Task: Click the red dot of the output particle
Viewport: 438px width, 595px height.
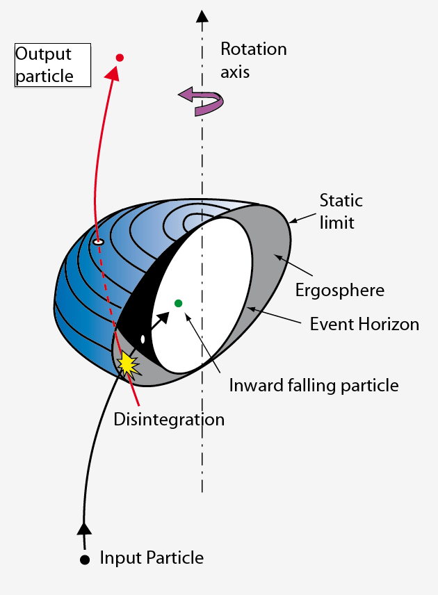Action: coord(120,58)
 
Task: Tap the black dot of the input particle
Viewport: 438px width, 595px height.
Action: coord(85,560)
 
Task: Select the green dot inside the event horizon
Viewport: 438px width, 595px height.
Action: coord(179,303)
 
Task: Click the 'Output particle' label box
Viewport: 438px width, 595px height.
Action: coord(53,65)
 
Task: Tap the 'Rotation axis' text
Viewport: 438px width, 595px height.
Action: coord(253,59)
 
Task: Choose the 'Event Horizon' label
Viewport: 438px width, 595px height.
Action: coord(364,324)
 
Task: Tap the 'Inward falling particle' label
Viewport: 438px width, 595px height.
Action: coord(314,384)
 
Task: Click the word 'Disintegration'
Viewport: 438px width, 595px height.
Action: coord(169,419)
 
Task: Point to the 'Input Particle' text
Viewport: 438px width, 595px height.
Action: coord(152,557)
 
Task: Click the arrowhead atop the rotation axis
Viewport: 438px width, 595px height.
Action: coord(202,16)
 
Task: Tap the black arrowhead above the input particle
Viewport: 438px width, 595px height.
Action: coord(84,528)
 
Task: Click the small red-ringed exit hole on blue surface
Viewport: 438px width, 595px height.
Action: coord(99,241)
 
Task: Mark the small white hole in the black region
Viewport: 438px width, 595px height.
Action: coord(143,340)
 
